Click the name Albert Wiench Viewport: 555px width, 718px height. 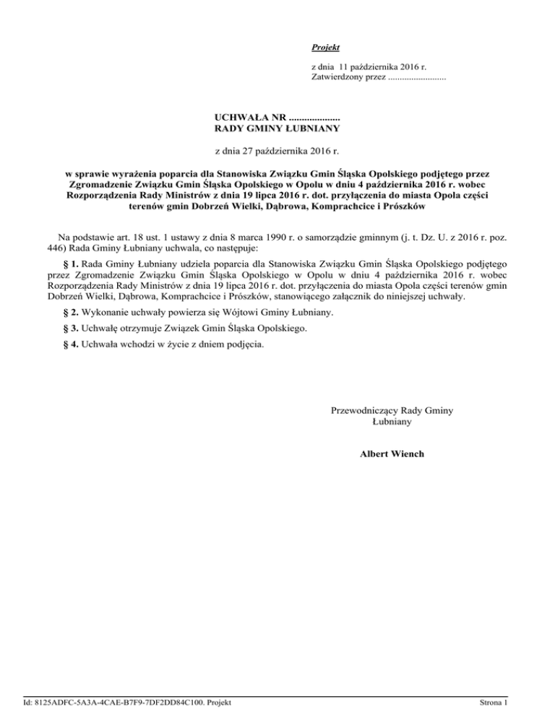click(x=392, y=454)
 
